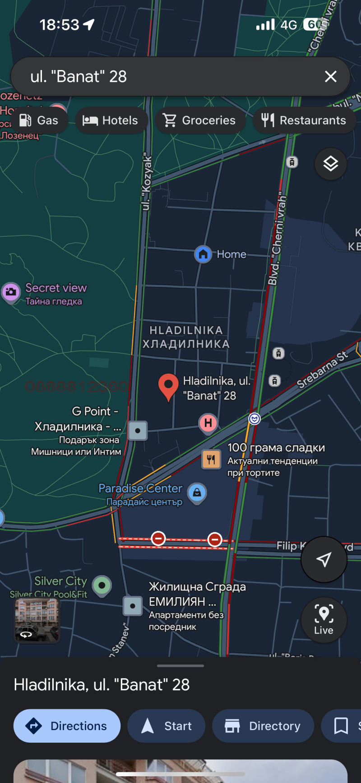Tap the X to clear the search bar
click(331, 76)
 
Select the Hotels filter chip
click(111, 120)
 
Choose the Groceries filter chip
click(200, 120)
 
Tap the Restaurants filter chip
click(304, 120)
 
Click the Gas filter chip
click(39, 120)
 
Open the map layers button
click(331, 164)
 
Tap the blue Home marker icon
click(203, 254)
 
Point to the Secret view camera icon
click(11, 292)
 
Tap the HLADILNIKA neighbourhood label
click(186, 337)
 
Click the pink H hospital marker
click(208, 423)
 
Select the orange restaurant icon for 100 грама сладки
click(211, 459)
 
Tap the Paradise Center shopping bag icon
click(197, 492)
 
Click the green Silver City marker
click(102, 585)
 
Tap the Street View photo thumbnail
click(37, 620)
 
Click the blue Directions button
click(67, 726)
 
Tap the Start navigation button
click(166, 726)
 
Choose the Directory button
click(263, 726)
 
